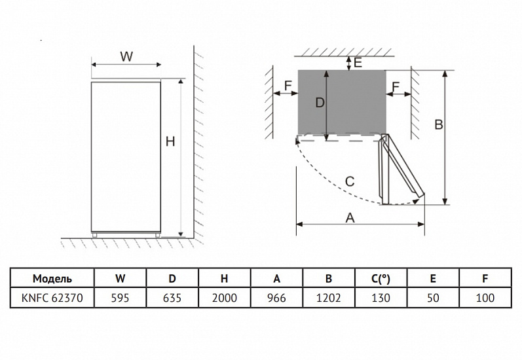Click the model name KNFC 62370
(x=52, y=298)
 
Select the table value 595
(x=120, y=298)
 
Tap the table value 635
(x=172, y=298)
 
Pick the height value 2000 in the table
(x=225, y=298)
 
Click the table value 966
(x=276, y=298)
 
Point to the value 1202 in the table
(x=329, y=298)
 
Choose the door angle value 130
(x=381, y=298)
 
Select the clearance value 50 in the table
(x=433, y=298)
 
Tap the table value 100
(x=485, y=298)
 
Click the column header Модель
(x=52, y=278)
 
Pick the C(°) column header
(x=381, y=278)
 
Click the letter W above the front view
(x=126, y=56)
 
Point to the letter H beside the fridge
(x=170, y=142)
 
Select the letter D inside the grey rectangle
(x=320, y=103)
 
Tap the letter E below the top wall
(x=358, y=63)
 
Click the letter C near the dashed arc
(x=350, y=182)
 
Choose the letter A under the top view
(x=350, y=218)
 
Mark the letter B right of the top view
(x=439, y=124)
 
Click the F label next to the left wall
(x=288, y=86)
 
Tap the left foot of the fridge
(x=95, y=235)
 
